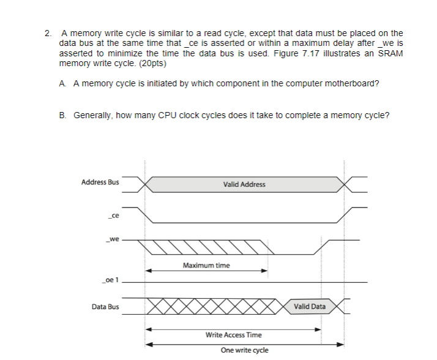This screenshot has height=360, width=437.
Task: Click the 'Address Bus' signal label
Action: pos(100,182)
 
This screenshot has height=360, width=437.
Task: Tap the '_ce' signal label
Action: pos(113,216)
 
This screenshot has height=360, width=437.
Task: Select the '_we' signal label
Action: pos(113,240)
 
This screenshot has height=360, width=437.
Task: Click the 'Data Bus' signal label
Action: pos(105,306)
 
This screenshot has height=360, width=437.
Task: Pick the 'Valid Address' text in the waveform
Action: pos(244,184)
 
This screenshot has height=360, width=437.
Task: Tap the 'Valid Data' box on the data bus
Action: pos(310,306)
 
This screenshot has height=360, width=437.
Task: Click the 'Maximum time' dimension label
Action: pos(206,266)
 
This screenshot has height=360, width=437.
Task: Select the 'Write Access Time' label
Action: pos(234,335)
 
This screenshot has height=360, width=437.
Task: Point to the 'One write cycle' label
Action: pos(244,350)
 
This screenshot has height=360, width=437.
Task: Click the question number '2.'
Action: pos(48,33)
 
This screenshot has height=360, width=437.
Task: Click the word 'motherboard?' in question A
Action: pos(351,83)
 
